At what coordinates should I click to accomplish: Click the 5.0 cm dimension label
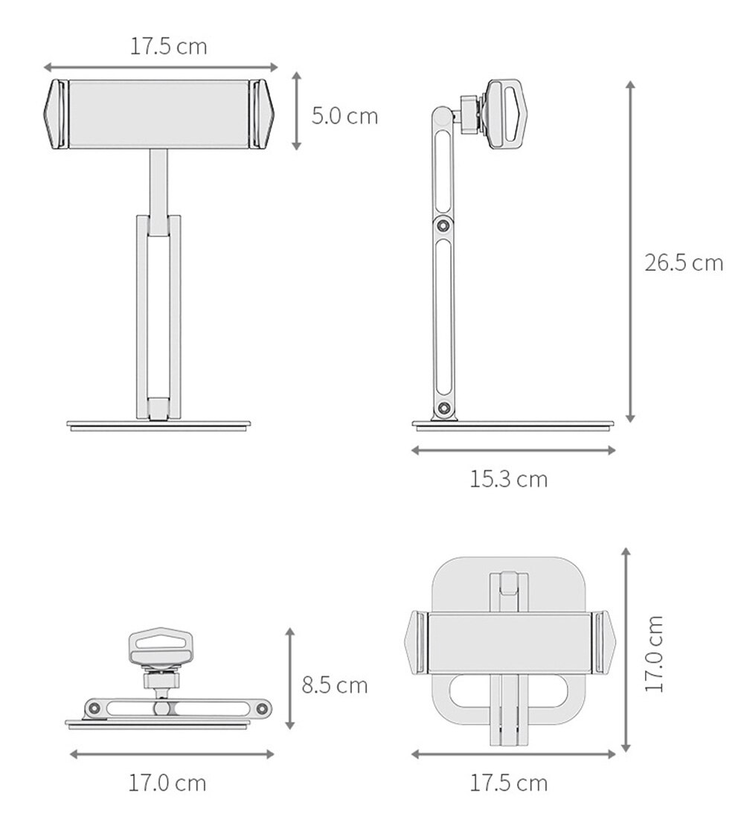pyautogui.click(x=344, y=116)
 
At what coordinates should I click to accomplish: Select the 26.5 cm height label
pyautogui.click(x=683, y=263)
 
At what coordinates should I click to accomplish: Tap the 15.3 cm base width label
pyautogui.click(x=508, y=479)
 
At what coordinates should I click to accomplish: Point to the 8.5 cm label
pyautogui.click(x=334, y=684)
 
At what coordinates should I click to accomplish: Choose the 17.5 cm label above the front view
pyautogui.click(x=169, y=46)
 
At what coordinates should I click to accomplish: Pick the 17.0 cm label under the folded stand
pyautogui.click(x=167, y=783)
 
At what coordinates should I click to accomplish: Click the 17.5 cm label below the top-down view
pyautogui.click(x=508, y=783)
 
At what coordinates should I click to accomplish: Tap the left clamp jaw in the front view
pyautogui.click(x=56, y=114)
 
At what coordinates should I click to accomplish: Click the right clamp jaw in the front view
pyautogui.click(x=263, y=114)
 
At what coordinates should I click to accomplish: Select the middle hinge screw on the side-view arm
pyautogui.click(x=443, y=225)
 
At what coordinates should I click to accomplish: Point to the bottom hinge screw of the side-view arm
pyautogui.click(x=444, y=408)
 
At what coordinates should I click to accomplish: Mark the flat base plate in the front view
pyautogui.click(x=158, y=426)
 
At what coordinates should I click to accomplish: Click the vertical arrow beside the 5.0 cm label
pyautogui.click(x=296, y=112)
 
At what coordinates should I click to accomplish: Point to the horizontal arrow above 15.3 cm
pyautogui.click(x=513, y=449)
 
